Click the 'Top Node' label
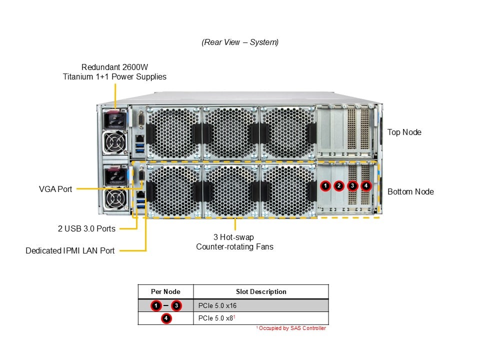click(x=404, y=132)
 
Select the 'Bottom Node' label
click(x=410, y=191)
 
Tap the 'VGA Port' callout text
click(x=55, y=189)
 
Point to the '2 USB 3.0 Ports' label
click(x=86, y=228)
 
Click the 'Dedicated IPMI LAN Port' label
click(x=70, y=250)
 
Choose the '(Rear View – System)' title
click(x=240, y=42)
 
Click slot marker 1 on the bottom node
click(x=325, y=186)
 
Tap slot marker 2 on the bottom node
click(x=339, y=186)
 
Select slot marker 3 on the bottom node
click(x=352, y=186)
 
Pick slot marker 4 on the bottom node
click(x=366, y=186)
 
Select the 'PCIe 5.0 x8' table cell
click(x=215, y=318)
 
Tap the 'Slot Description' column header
click(x=261, y=291)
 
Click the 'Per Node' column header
click(x=165, y=291)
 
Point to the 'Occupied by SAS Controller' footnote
click(x=291, y=328)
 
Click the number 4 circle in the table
click(x=166, y=318)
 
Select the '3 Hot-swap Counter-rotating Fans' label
click(x=234, y=242)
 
